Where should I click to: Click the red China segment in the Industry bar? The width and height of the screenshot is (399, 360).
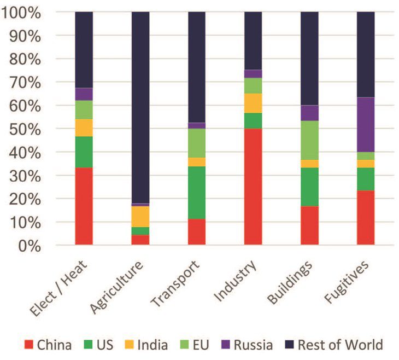(x=253, y=187)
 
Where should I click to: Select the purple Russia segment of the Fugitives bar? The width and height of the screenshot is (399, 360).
(x=366, y=125)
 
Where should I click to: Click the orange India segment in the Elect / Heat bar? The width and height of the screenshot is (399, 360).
(x=84, y=127)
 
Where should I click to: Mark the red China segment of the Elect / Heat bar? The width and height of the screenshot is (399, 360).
(x=84, y=206)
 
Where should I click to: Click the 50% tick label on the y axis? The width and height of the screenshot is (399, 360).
(x=22, y=129)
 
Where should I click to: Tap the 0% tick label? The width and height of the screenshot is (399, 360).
(x=25, y=246)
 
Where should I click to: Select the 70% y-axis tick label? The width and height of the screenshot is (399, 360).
(x=22, y=83)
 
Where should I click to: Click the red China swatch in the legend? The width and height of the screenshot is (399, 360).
(x=30, y=345)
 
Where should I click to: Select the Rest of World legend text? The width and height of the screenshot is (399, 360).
(x=341, y=345)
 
